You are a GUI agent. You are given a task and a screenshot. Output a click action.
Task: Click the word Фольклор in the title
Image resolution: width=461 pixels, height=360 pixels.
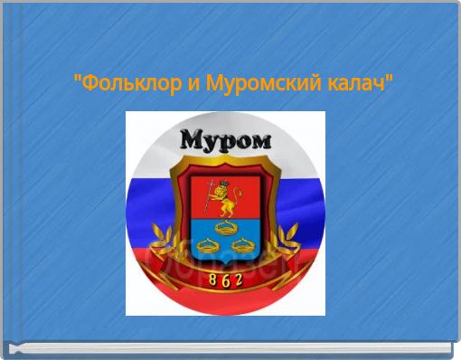tap(117, 87)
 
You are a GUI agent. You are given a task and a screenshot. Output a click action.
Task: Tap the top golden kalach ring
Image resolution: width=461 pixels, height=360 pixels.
tap(225, 225)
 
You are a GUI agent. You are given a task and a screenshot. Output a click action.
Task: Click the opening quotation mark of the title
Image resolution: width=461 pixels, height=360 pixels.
tap(76, 82)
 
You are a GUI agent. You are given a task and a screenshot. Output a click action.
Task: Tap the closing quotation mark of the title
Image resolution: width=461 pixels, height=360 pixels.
tap(390, 82)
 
